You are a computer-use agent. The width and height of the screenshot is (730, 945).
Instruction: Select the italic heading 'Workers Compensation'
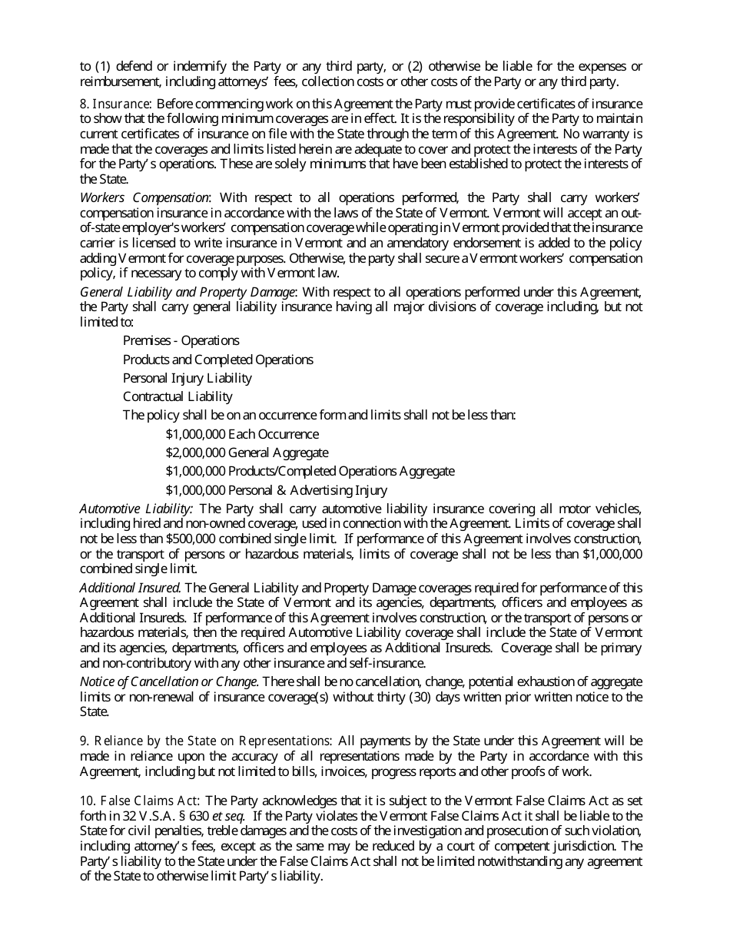(144, 197)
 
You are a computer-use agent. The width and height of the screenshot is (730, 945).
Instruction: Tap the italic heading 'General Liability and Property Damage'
(187, 292)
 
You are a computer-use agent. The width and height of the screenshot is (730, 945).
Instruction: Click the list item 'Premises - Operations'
(181, 340)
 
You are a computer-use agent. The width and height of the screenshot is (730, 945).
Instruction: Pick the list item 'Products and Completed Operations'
(217, 360)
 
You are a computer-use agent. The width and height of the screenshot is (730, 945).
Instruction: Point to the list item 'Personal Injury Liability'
(187, 378)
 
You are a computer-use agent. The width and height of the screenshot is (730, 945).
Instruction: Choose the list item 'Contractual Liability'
(178, 396)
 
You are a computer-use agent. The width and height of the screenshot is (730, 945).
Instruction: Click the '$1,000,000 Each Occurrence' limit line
(242, 434)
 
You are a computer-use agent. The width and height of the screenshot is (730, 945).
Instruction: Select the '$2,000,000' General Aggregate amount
(195, 453)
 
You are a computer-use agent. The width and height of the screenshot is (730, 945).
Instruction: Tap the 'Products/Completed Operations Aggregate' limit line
(340, 471)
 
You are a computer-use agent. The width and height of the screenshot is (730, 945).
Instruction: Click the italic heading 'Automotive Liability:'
(136, 509)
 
